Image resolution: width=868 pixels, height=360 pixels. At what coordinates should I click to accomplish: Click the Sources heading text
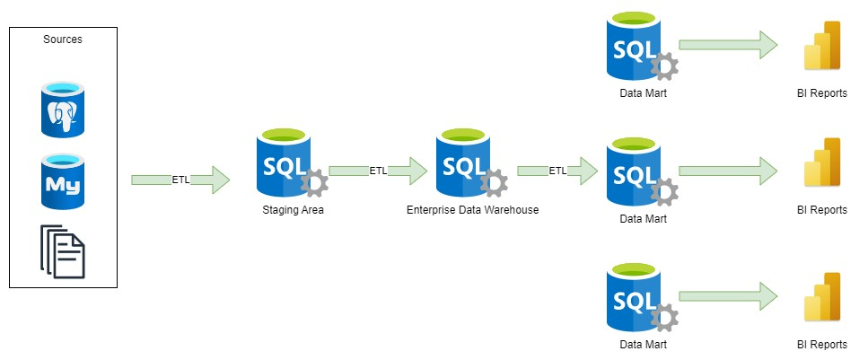pyautogui.click(x=63, y=40)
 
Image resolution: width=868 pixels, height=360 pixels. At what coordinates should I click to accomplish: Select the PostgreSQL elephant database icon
pyautogui.click(x=62, y=110)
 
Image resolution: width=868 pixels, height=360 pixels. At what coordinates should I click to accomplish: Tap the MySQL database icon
pyautogui.click(x=62, y=182)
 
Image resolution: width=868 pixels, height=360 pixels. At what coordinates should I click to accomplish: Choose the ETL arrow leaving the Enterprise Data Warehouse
pyautogui.click(x=557, y=171)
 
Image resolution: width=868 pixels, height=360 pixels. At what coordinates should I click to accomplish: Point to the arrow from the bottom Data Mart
pyautogui.click(x=727, y=296)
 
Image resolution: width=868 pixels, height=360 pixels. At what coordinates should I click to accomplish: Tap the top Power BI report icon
pyautogui.click(x=822, y=46)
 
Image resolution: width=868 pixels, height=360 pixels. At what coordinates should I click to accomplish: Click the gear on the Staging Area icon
pyautogui.click(x=315, y=184)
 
